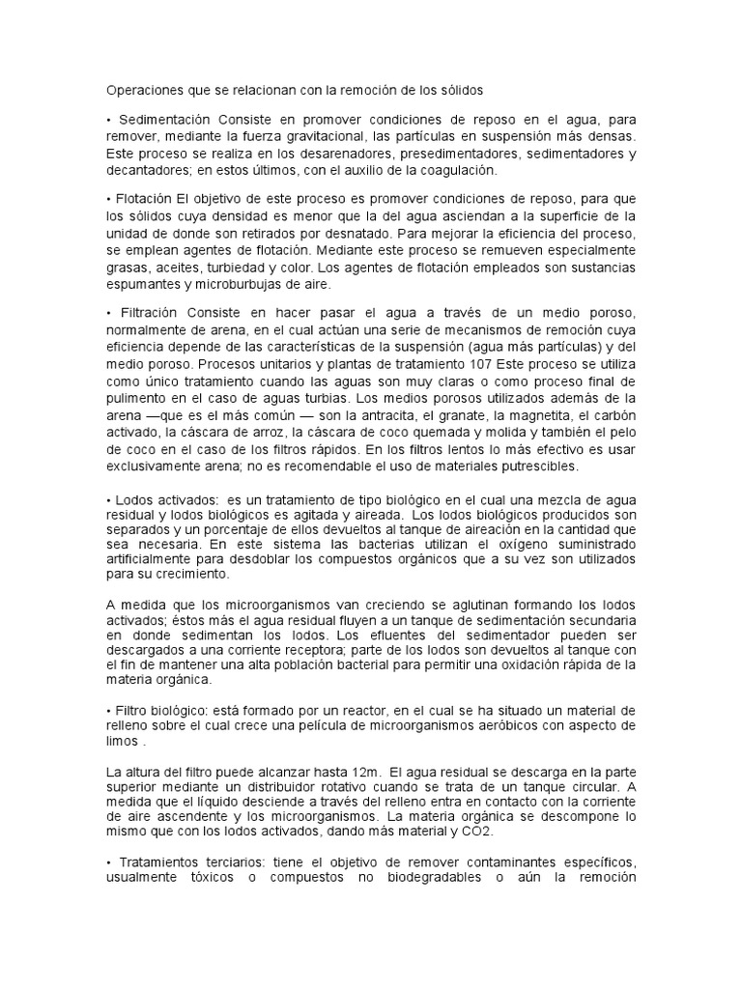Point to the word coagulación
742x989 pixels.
point(454,170)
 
